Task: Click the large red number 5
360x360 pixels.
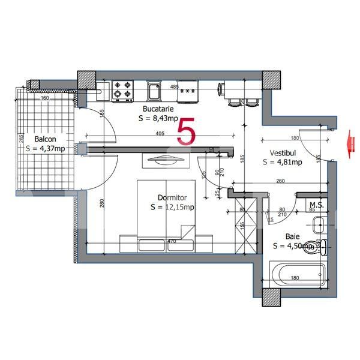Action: coord(186,131)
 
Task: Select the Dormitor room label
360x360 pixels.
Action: coord(173,197)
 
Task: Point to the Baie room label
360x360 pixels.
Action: coord(293,236)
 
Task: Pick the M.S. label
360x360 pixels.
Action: coord(317,205)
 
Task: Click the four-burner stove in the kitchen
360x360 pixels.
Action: coord(124,90)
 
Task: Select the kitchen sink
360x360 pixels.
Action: coord(154,92)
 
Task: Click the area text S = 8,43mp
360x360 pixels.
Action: coord(158,118)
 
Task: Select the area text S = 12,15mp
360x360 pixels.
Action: coord(172,207)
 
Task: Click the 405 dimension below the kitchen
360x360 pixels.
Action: coord(160,133)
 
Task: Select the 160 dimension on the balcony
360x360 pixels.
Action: coord(44,98)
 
